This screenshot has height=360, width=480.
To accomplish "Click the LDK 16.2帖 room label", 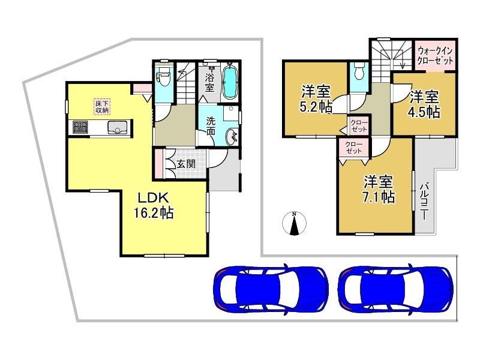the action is pos(154,205).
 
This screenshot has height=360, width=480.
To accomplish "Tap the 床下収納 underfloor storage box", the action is pos(102,107).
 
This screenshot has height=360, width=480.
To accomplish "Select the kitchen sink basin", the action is pos(118,127).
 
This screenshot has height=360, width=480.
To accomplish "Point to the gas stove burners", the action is pos(80,127).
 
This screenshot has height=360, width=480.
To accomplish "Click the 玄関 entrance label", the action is pos(186,164).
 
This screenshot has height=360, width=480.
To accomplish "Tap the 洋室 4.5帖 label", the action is pos(424,104).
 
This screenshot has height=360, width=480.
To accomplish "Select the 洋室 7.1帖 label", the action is pos(379,189).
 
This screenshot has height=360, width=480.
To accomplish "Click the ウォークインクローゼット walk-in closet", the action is pos(435,55).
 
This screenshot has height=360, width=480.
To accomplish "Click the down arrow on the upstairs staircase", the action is pos(402,62).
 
